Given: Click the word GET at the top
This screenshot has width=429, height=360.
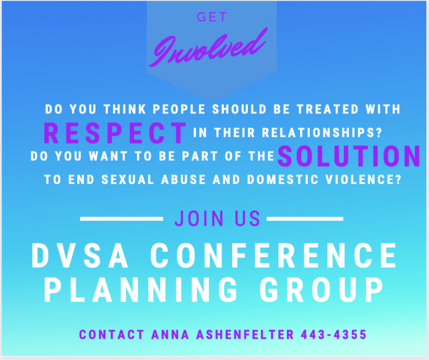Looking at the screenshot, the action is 212,17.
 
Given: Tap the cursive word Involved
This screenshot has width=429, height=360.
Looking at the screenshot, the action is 209,48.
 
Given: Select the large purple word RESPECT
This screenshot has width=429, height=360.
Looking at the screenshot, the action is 115,133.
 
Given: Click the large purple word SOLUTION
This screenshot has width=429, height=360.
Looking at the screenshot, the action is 349,156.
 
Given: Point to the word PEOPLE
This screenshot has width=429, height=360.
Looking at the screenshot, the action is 179,109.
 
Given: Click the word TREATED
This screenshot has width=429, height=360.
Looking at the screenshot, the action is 328,109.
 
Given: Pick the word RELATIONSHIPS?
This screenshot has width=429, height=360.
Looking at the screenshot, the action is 322,132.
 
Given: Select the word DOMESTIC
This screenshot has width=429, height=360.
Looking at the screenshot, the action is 283,179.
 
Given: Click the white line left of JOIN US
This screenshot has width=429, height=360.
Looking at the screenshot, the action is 122,219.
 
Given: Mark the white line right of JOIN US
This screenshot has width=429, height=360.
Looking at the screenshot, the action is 305,219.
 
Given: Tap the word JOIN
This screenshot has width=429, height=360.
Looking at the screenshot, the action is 199,219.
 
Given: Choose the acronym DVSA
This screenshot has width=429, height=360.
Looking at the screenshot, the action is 80,256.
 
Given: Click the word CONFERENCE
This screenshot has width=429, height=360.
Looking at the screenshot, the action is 273,256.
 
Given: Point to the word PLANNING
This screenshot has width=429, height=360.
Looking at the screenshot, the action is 140,289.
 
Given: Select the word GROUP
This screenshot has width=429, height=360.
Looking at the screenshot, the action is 322,289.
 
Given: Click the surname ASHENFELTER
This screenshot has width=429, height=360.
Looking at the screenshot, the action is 245,335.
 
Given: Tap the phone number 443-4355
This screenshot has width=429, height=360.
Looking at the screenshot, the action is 334,335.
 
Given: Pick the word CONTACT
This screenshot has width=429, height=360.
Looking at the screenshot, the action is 112,335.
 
